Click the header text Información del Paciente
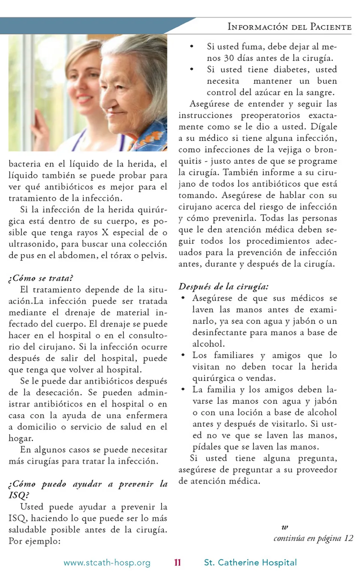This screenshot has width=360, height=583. click(289, 27)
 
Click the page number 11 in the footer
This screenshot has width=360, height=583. click(177, 562)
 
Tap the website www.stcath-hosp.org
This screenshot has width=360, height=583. click(107, 563)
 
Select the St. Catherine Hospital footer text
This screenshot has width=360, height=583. click(250, 562)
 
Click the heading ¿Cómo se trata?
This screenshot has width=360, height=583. click(41, 278)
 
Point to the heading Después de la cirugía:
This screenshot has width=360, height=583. click(223, 287)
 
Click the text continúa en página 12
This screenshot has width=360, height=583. click(313, 538)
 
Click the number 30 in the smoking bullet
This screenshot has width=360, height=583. click(229, 58)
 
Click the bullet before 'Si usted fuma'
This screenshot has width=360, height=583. click(192, 47)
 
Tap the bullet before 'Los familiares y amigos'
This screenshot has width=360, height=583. click(183, 355)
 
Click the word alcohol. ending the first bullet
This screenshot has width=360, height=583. click(208, 344)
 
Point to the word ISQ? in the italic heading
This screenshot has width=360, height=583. click(19, 495)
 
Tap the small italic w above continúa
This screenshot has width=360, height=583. click(285, 528)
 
